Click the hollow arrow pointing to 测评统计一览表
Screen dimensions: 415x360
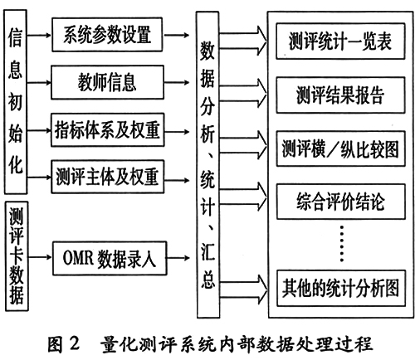click(243, 41)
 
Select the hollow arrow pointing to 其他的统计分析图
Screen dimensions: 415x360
click(244, 289)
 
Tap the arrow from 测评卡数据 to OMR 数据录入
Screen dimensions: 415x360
click(40, 257)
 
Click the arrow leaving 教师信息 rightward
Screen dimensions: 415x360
click(177, 82)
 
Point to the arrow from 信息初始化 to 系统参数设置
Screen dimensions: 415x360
click(39, 35)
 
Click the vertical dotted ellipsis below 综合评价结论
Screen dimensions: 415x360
click(342, 244)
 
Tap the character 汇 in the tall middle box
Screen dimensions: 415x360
click(207, 252)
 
